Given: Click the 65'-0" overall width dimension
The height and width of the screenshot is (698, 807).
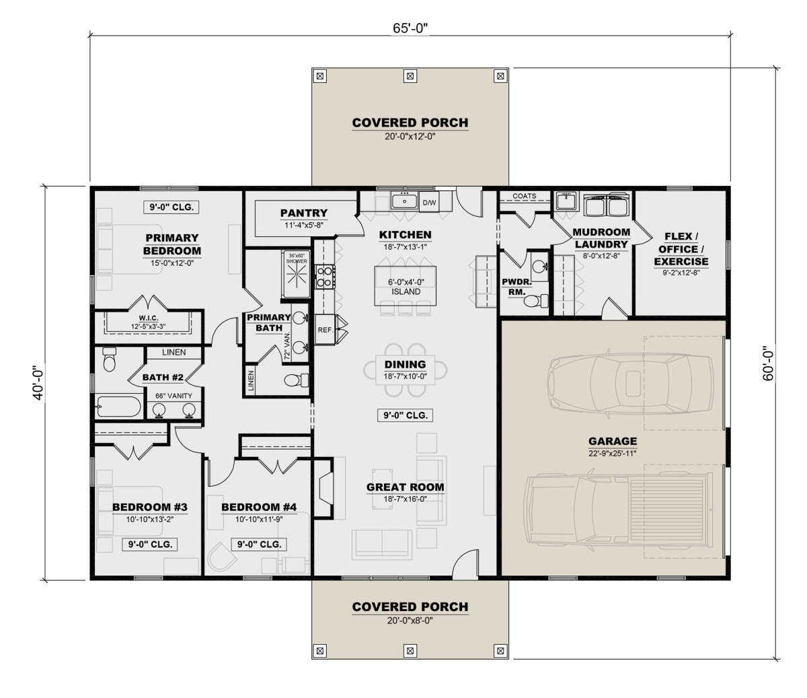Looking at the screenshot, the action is (x=410, y=28).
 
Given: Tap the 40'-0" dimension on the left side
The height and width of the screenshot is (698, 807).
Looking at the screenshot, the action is (x=39, y=383).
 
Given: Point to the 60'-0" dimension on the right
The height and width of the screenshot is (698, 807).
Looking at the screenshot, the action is (x=767, y=363).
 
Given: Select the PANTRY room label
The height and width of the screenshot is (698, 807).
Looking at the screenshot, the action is (x=304, y=213).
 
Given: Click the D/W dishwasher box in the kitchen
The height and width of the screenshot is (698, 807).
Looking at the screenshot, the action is (x=429, y=203).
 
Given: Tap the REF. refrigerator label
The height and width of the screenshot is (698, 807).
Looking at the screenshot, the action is (x=325, y=330).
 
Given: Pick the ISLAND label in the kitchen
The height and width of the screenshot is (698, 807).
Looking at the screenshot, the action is (x=406, y=291).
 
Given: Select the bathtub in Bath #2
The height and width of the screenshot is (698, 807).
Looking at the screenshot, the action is (x=118, y=407).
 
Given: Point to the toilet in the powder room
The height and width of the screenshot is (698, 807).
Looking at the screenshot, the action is (x=536, y=301).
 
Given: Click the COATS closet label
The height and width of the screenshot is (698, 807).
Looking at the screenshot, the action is (x=525, y=196).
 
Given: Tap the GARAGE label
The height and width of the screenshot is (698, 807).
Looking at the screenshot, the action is (x=613, y=441).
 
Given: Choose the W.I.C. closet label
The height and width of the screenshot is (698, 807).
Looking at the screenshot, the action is (x=149, y=318).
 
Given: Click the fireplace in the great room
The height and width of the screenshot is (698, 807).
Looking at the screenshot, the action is (x=325, y=489).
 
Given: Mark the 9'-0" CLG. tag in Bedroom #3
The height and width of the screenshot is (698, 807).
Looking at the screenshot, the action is (x=151, y=544).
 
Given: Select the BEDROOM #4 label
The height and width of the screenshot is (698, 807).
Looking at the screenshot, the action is (x=259, y=507).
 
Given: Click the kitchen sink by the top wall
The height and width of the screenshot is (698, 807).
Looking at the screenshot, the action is (x=405, y=201).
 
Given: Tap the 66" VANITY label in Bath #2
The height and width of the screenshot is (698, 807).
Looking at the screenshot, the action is (x=174, y=396).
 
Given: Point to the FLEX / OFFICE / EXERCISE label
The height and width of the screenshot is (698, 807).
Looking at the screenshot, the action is (x=681, y=249).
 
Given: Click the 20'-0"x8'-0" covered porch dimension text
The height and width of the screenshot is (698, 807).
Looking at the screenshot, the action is (x=410, y=620).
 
